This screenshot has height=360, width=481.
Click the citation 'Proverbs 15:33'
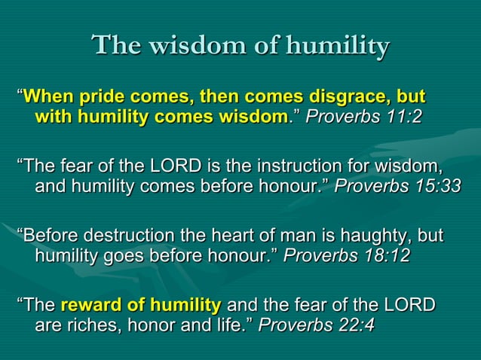tap(397, 185)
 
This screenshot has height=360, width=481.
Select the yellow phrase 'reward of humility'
tap(140, 305)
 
